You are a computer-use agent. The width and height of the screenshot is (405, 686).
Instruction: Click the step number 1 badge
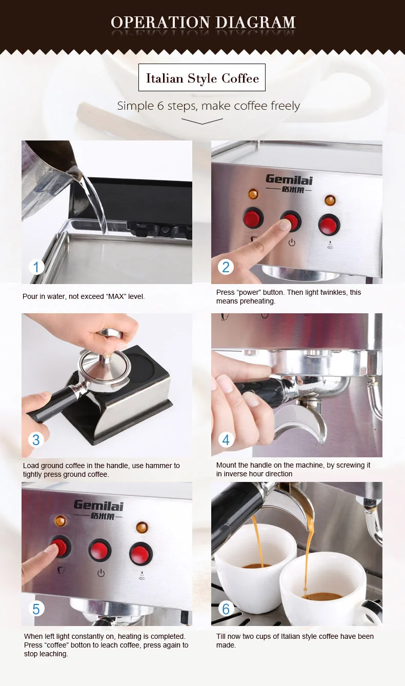36,267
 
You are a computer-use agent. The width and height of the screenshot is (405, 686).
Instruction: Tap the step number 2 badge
226,267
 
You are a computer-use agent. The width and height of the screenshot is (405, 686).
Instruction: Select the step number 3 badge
36,440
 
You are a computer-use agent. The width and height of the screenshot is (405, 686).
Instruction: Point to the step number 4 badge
226,440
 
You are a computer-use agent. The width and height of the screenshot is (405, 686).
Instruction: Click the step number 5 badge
36,609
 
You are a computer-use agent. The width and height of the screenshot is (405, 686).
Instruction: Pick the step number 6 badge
226,609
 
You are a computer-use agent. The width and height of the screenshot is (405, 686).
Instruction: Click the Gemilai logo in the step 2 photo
289,183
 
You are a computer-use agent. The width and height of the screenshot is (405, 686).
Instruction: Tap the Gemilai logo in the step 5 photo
98,510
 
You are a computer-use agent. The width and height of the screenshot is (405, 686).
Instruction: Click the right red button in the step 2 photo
329,225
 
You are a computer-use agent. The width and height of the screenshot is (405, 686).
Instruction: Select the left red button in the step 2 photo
253,218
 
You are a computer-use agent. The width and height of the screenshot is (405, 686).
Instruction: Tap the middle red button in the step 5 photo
99,550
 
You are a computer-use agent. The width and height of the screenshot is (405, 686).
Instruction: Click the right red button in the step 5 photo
141,553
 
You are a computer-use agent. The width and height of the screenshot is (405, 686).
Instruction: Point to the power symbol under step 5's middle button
101,573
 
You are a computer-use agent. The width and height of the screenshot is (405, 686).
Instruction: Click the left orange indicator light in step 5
60,520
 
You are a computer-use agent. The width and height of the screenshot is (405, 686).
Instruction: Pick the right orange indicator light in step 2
330,200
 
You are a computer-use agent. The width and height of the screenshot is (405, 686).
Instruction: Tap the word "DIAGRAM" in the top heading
255,23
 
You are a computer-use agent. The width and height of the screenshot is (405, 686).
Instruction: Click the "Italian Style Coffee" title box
202,77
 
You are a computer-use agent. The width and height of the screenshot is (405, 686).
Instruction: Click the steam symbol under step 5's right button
141,576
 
